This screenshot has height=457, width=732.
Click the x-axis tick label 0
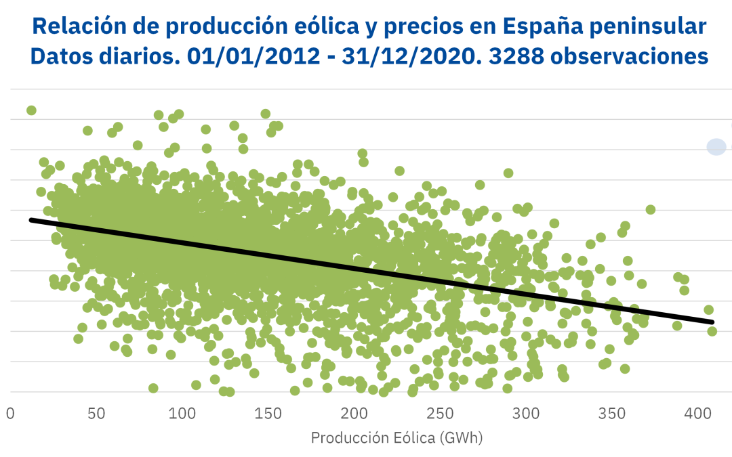10,413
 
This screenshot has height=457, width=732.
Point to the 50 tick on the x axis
96,413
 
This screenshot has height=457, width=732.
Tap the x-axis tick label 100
182,413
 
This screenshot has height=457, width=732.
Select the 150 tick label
268,413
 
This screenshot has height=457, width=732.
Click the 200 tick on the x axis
354,413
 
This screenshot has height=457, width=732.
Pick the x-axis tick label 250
440,413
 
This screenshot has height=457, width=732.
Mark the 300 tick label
526,413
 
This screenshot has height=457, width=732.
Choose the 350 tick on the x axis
612,413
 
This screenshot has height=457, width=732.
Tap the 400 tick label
697,413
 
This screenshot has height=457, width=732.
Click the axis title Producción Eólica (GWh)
396,438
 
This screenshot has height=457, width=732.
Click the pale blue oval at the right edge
716,146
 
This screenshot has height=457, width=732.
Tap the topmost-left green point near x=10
31,110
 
